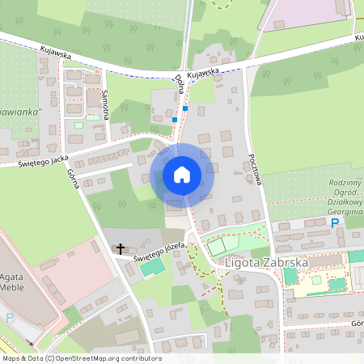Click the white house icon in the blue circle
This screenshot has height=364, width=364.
182,174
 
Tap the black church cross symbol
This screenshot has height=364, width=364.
121,248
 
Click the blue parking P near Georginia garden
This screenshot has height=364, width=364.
335,222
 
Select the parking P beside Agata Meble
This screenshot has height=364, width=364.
10,318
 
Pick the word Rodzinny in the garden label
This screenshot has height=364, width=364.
346,184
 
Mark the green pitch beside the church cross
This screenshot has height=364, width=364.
148,267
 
